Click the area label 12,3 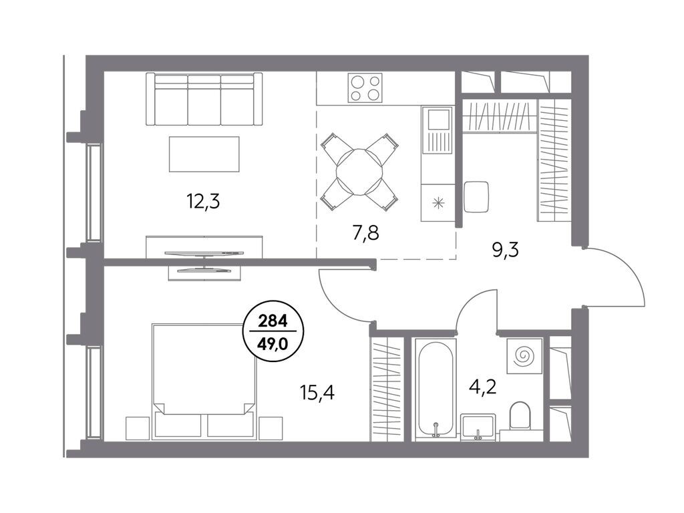(203, 202)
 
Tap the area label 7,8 (365, 234)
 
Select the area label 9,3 (505, 251)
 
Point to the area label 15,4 (317, 393)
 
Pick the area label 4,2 (482, 387)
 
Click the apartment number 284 (273, 322)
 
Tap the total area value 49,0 (273, 345)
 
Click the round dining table (359, 172)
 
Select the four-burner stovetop (365, 88)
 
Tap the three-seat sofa (204, 99)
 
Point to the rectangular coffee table (204, 154)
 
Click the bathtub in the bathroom (436, 389)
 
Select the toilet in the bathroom (520, 415)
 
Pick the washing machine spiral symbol (524, 355)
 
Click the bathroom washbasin (478, 427)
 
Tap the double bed (204, 380)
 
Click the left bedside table (138, 428)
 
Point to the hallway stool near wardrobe (476, 197)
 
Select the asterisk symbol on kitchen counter (438, 202)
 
